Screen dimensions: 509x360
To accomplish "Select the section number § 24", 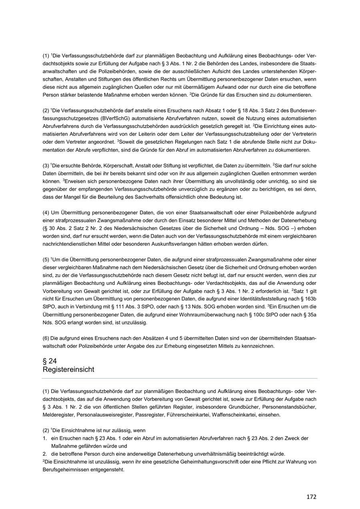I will click(x=50, y=361).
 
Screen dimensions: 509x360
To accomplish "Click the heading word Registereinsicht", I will click(x=68, y=369).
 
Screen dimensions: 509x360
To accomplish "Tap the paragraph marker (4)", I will click(x=46, y=212).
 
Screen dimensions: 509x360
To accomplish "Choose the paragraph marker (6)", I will click(x=46, y=338).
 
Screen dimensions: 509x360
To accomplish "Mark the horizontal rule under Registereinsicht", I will click(x=180, y=378).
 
